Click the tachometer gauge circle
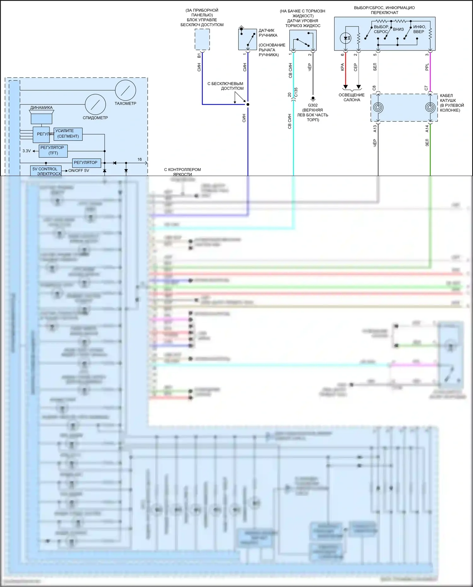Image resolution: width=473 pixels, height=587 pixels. click(x=126, y=91)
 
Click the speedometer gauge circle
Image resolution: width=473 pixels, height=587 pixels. click(x=95, y=104)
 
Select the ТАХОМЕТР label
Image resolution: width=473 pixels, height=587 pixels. click(x=125, y=103)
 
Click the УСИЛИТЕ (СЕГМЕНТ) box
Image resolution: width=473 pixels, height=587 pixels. click(x=68, y=134)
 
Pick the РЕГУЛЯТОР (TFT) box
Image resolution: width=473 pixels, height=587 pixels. click(x=53, y=150)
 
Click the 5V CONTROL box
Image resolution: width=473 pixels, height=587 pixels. click(x=46, y=171)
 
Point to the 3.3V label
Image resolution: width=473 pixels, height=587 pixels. click(x=27, y=151)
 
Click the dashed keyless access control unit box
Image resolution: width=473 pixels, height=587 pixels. click(x=202, y=39)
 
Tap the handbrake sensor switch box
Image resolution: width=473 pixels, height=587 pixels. click(x=247, y=39)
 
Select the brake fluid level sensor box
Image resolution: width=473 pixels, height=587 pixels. click(x=303, y=40)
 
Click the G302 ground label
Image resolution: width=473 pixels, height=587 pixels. click(x=313, y=105)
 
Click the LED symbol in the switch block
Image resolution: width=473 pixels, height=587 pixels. click(x=346, y=38)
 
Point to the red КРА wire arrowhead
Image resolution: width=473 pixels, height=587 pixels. click(x=346, y=87)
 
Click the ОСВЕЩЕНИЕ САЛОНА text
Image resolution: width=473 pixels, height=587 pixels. click(x=352, y=97)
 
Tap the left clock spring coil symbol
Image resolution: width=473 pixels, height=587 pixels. click(x=378, y=108)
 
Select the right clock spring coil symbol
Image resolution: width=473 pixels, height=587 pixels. click(x=430, y=108)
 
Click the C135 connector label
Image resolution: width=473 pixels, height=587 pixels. click(x=296, y=92)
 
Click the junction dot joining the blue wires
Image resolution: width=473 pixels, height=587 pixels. click(x=248, y=104)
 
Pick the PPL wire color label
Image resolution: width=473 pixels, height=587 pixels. click(x=427, y=67)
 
